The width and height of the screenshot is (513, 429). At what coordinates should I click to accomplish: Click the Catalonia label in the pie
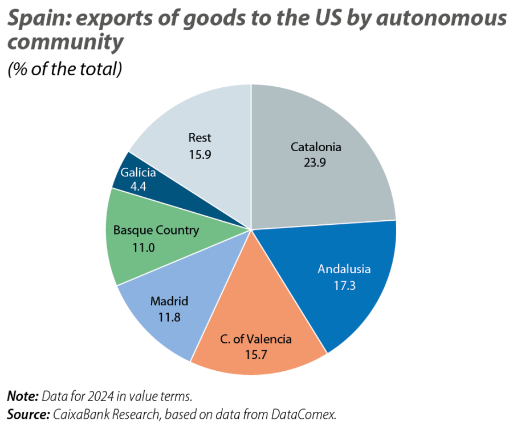316,147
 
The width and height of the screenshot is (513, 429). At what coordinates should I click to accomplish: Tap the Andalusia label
344,269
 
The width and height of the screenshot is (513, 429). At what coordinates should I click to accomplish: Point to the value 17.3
344,285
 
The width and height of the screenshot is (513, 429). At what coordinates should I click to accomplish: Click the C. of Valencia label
256,339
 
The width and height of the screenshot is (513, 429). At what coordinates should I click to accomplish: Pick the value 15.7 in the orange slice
256,354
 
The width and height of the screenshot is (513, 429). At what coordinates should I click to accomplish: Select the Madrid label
169,301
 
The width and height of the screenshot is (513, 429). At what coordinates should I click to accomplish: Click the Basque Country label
156,230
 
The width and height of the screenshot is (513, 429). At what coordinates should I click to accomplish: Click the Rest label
199,137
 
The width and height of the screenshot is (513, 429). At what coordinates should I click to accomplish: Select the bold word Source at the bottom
27,414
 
